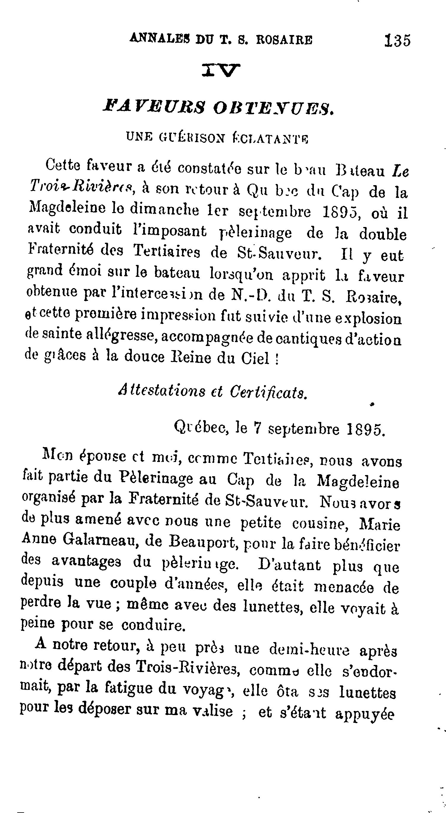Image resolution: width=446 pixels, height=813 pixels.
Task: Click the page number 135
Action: click(x=397, y=40)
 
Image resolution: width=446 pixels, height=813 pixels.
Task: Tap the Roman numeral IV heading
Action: click(x=221, y=71)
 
